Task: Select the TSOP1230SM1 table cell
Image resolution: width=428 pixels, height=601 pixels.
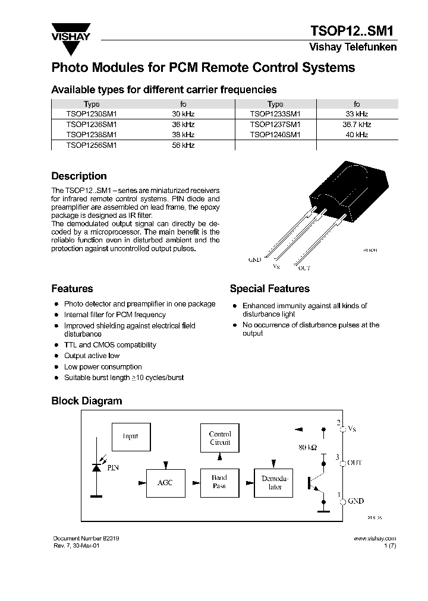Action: (x=92, y=114)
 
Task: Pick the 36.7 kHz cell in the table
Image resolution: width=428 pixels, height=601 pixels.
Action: (x=357, y=125)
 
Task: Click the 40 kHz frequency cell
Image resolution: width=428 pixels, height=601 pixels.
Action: (x=357, y=135)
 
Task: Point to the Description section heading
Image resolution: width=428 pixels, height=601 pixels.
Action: (x=79, y=176)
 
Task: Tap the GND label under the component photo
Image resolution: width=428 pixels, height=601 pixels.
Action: (x=254, y=260)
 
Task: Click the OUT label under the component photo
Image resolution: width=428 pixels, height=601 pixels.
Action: (x=304, y=268)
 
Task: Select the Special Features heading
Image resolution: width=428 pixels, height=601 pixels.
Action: (x=269, y=289)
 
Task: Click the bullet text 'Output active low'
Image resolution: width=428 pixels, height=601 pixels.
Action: (x=92, y=356)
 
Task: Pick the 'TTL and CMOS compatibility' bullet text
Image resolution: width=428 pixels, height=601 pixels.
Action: (x=110, y=345)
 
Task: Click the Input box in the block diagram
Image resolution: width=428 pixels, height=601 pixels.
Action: (x=131, y=436)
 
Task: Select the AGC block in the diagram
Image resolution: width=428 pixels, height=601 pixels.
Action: (x=165, y=483)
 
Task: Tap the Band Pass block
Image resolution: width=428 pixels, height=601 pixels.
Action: (x=219, y=482)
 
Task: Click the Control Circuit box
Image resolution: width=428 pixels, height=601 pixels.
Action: (x=219, y=439)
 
